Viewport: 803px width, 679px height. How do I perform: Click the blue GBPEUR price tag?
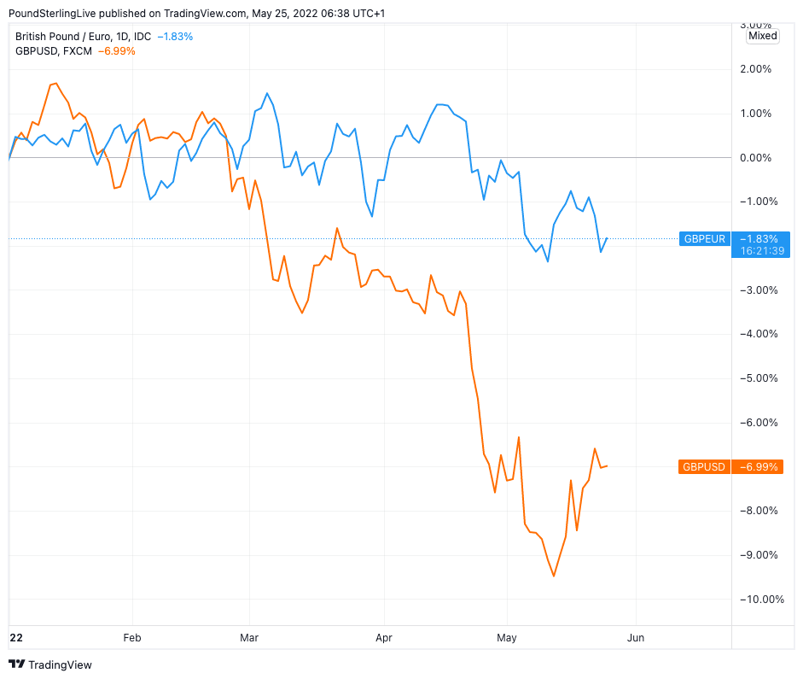click(705, 238)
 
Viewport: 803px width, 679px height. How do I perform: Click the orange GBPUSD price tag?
click(705, 466)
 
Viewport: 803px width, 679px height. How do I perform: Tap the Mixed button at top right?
click(762, 36)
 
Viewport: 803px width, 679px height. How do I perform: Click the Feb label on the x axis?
click(132, 637)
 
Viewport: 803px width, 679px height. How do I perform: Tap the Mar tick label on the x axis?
click(249, 637)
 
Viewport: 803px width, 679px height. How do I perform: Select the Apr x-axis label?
click(384, 637)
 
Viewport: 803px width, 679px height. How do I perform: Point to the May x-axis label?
click(507, 637)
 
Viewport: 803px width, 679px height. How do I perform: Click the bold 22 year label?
click(15, 637)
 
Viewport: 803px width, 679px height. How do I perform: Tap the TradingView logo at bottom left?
click(50, 664)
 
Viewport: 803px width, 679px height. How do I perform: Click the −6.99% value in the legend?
click(116, 51)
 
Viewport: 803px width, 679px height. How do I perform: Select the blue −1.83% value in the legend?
click(175, 37)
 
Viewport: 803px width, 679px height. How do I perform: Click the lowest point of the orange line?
click(553, 576)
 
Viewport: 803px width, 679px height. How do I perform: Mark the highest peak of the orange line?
click(56, 84)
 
